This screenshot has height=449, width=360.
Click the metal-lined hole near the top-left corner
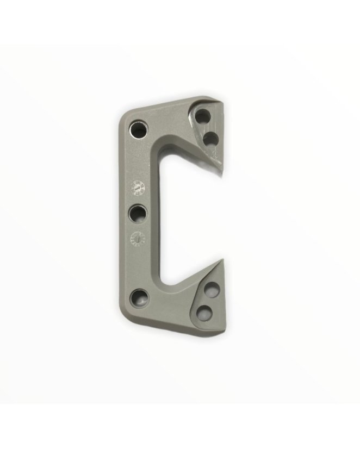click(138, 129)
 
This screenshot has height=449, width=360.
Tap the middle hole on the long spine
click(139, 213)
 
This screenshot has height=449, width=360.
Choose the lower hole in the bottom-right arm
click(205, 311)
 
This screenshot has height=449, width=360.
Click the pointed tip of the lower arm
click(222, 260)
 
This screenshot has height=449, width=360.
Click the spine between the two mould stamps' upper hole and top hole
click(139, 160)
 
